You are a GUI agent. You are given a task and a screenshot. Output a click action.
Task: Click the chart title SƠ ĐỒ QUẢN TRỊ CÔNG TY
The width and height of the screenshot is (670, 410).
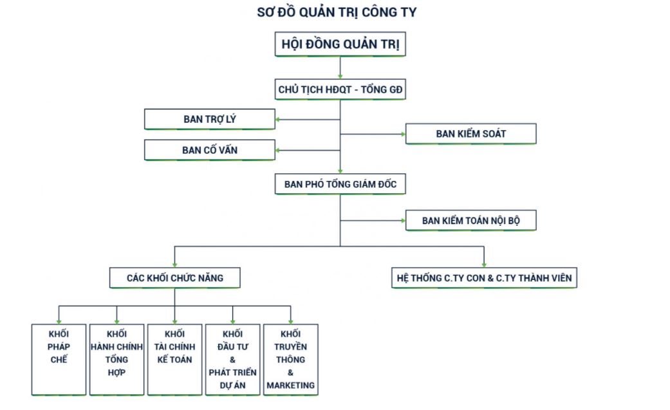pyautogui.click(x=337, y=12)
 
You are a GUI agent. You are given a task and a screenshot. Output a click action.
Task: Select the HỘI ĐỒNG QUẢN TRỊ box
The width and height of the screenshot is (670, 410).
pyautogui.click(x=340, y=45)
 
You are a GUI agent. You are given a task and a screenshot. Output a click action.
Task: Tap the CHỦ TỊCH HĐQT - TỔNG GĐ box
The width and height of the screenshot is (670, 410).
pyautogui.click(x=340, y=89)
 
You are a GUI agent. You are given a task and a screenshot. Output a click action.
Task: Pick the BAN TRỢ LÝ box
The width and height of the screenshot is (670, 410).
pyautogui.click(x=209, y=119)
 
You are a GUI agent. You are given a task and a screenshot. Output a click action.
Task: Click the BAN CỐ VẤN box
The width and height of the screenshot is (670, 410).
pyautogui.click(x=209, y=150)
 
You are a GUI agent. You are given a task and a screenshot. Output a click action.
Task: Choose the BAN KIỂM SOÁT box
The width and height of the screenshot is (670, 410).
pyautogui.click(x=470, y=134)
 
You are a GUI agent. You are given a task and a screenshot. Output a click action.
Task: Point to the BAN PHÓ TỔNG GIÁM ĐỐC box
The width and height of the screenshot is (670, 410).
pyautogui.click(x=340, y=185)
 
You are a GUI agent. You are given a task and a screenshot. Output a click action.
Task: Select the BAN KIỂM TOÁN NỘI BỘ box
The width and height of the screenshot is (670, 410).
pyautogui.click(x=470, y=221)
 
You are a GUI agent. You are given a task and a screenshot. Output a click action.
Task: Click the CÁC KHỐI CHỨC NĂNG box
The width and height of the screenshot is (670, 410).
pyautogui.click(x=175, y=278)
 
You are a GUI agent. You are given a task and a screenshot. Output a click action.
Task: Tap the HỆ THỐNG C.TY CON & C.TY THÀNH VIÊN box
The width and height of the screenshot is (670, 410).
pyautogui.click(x=484, y=278)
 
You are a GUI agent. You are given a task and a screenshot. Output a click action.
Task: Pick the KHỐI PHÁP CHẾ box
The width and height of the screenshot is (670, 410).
pyautogui.click(x=59, y=359)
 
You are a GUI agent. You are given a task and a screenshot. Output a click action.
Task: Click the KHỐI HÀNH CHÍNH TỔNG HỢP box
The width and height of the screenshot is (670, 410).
pyautogui.click(x=116, y=359)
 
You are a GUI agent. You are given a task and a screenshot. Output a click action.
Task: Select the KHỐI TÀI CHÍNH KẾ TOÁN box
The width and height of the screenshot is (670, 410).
pyautogui.click(x=174, y=359)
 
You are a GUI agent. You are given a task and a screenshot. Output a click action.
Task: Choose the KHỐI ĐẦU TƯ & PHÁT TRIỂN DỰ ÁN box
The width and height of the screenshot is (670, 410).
pyautogui.click(x=232, y=359)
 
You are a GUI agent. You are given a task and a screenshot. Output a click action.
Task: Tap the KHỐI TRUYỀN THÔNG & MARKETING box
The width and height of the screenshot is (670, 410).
pyautogui.click(x=290, y=359)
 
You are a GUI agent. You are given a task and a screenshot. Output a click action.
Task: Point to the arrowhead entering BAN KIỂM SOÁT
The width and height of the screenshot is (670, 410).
pyautogui.click(x=402, y=134)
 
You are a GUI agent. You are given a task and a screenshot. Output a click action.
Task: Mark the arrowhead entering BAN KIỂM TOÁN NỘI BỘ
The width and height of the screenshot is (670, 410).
pyautogui.click(x=402, y=221)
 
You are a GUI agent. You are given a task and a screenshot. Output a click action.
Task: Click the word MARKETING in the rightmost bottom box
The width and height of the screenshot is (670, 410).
pyautogui.click(x=290, y=386)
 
